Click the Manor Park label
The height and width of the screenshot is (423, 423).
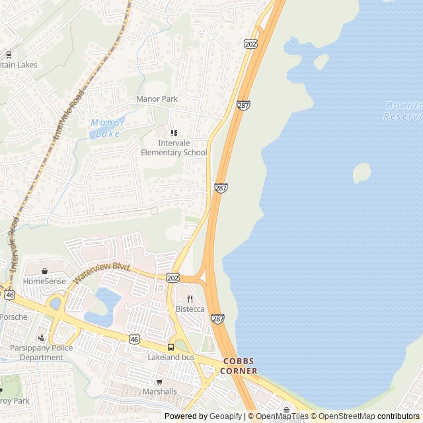point(157,99)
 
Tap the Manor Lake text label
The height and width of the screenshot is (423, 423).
point(106,128)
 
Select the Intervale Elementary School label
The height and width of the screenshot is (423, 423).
point(174,147)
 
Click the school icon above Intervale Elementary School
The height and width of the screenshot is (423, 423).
point(174,133)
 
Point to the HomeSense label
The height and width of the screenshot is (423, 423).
point(44,281)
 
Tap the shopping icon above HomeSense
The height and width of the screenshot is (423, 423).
point(44,271)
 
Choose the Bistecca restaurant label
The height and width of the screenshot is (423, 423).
point(190,309)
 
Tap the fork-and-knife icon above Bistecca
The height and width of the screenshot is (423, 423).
point(190,299)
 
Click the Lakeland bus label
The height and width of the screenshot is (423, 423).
point(171,357)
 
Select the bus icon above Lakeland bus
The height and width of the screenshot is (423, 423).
point(171,347)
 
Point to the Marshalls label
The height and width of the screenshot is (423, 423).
point(159,391)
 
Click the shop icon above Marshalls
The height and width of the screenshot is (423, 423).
point(159,381)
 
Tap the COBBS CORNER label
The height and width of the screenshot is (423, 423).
point(239,366)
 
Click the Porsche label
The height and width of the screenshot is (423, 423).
point(13,317)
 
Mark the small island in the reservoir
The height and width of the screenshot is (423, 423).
point(362,173)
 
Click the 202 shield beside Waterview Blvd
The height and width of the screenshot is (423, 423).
point(173,277)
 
